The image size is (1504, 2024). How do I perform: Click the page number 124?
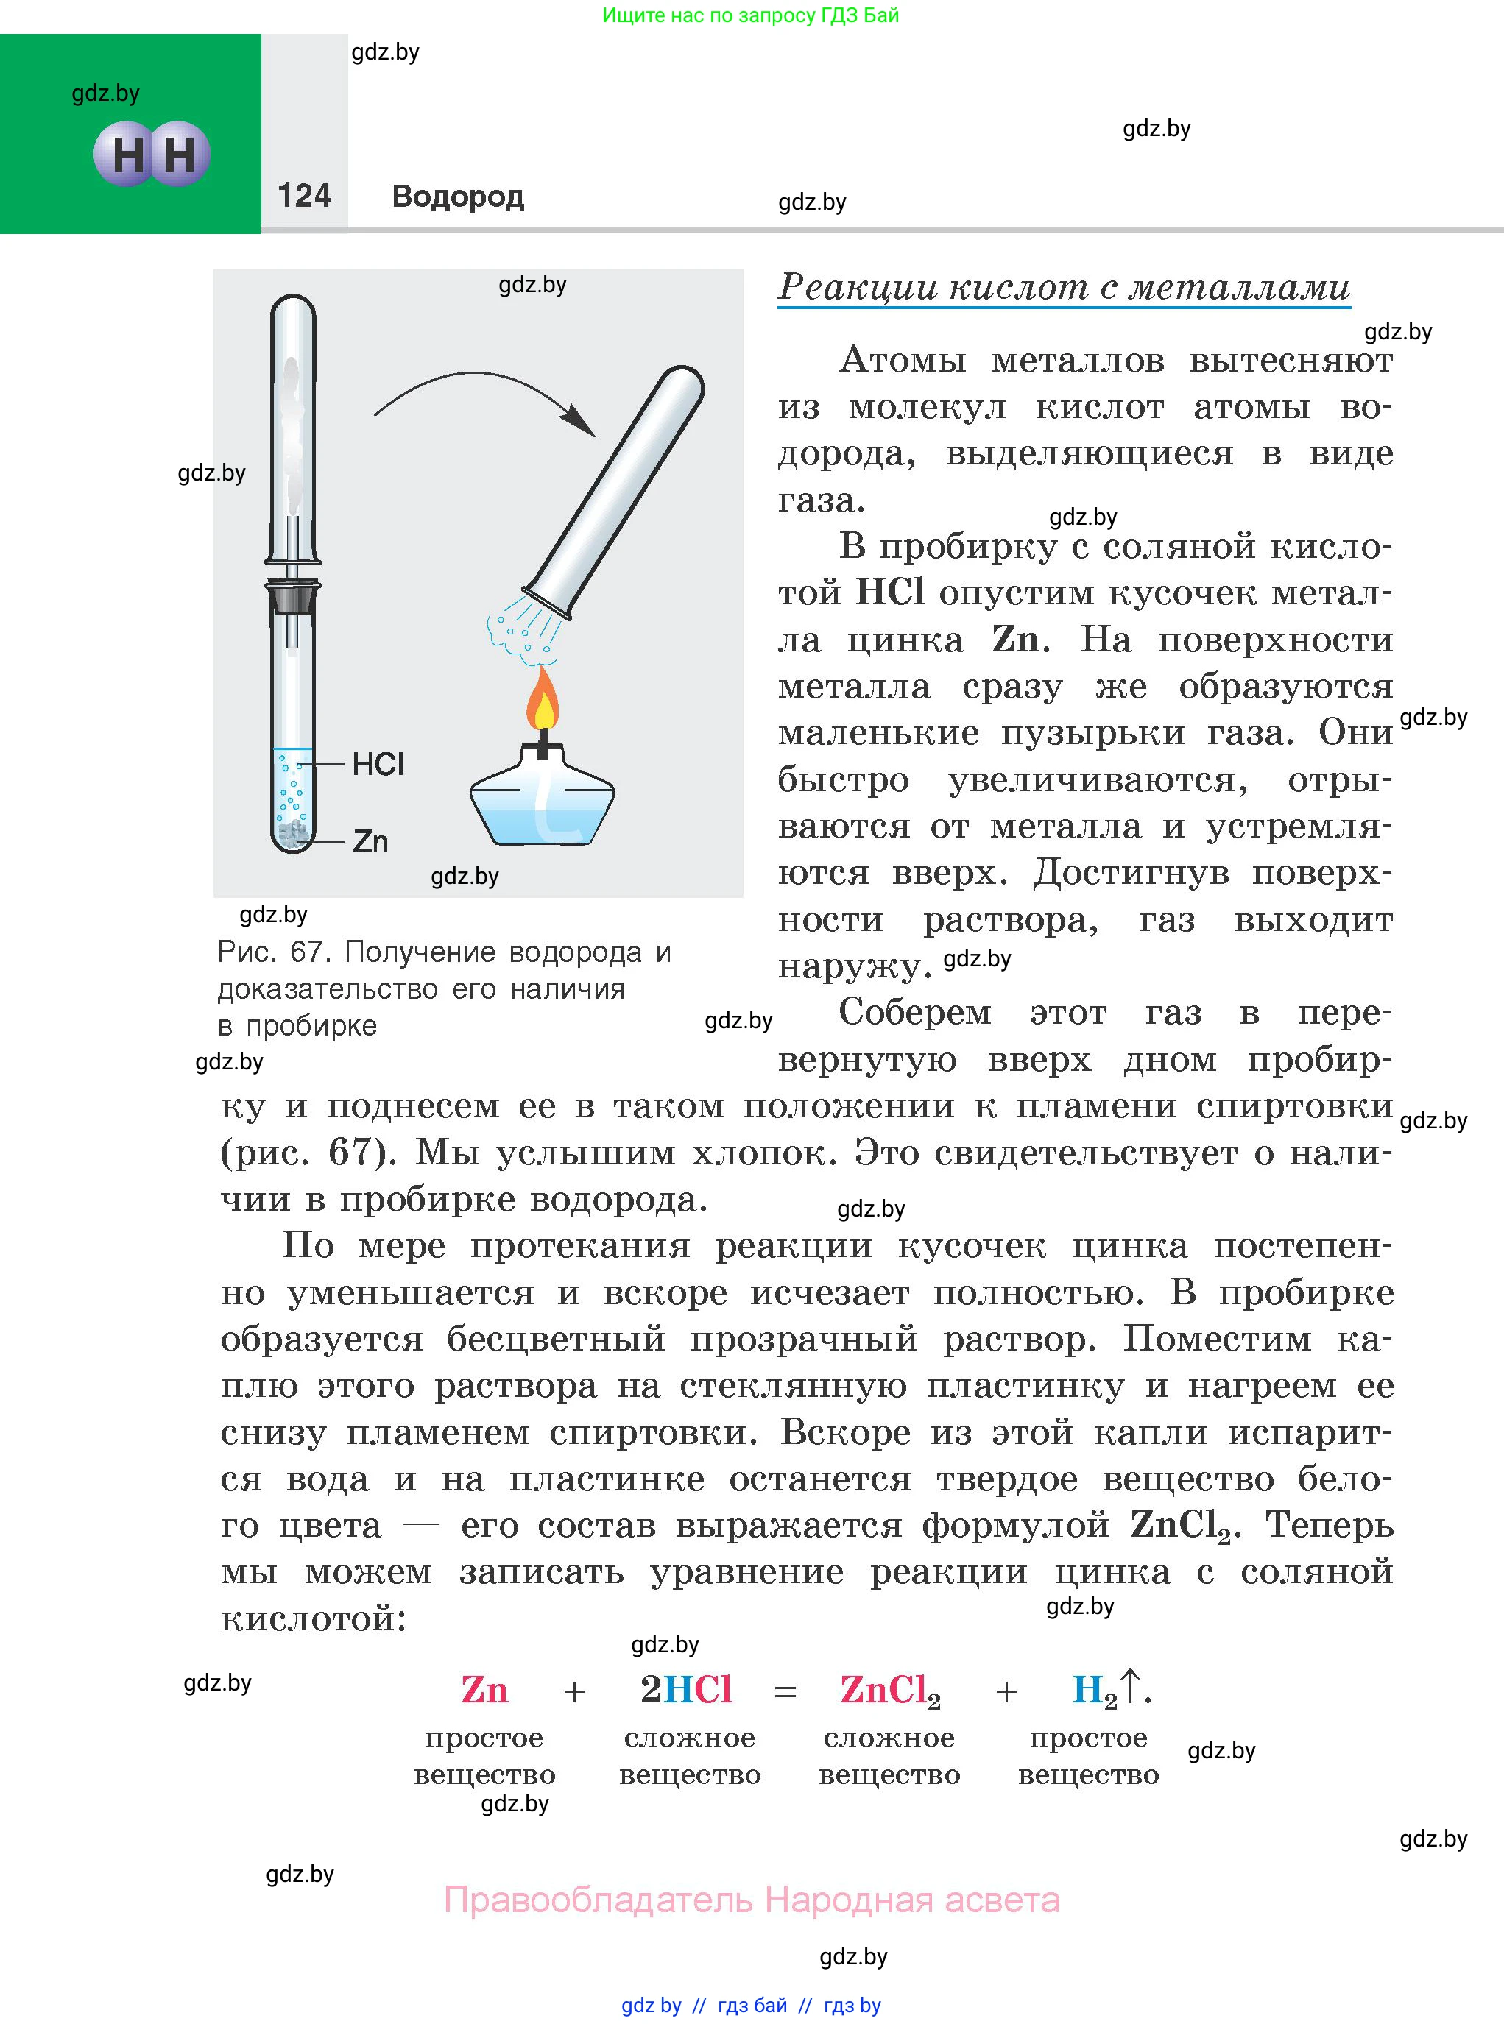304,196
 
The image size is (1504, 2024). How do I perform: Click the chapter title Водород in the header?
457,197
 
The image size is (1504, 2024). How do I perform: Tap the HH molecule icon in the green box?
152,154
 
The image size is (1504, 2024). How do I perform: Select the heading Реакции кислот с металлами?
1063,288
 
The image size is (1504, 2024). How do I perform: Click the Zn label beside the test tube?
370,842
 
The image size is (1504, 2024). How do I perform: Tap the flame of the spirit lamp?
543,700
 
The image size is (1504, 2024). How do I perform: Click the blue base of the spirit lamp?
543,810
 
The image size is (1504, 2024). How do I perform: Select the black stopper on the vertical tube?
293,596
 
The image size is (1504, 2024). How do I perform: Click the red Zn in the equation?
484,1690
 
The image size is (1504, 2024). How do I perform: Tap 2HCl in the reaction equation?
686,1690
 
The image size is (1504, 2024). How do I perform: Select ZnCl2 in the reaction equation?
889,1691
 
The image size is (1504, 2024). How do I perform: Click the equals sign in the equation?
785,1693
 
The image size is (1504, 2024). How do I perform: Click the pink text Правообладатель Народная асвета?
751,1900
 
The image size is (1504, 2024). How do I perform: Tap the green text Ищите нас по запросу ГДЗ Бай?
750,15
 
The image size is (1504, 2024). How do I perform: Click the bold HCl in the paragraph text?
890,592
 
